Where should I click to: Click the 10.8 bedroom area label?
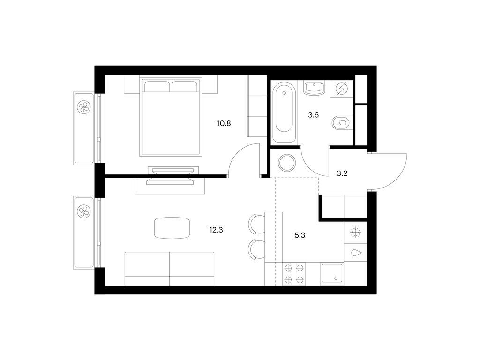click(x=224, y=124)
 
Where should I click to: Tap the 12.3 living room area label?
click(x=216, y=230)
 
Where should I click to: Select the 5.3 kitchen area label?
click(x=300, y=235)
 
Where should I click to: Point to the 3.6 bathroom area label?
click(x=313, y=115)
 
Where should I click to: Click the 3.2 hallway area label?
click(x=342, y=173)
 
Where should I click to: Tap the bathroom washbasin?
click(x=314, y=88)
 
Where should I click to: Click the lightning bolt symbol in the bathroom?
click(x=342, y=89)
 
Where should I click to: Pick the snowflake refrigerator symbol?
click(x=355, y=232)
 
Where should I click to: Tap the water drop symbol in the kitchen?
click(x=356, y=253)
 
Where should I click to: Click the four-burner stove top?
click(x=294, y=274)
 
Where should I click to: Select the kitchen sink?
click(x=332, y=273)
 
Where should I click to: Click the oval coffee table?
click(x=172, y=228)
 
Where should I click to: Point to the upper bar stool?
click(x=257, y=224)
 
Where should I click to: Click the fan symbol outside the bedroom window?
click(x=83, y=107)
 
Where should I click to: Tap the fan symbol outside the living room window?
click(x=83, y=211)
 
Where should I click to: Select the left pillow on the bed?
click(x=157, y=86)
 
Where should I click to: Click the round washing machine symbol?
click(x=287, y=163)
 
